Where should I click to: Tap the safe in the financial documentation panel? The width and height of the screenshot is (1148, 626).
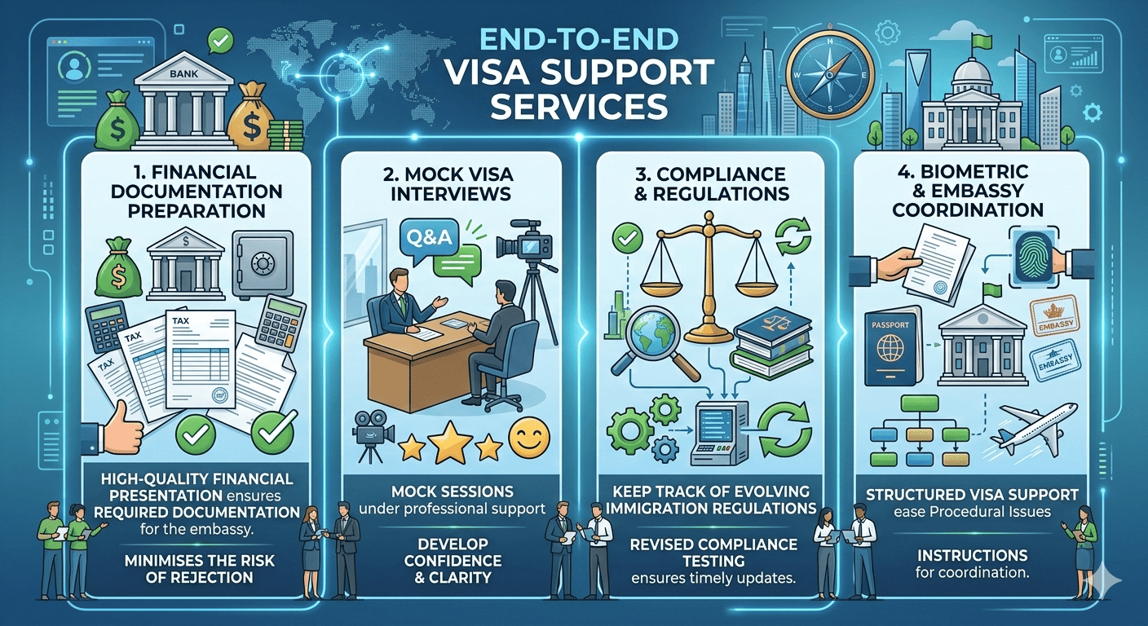pos(263,262)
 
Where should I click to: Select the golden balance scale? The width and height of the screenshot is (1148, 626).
pos(704,269)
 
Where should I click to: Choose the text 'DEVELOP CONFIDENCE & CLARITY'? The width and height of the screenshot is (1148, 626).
pos(453,560)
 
